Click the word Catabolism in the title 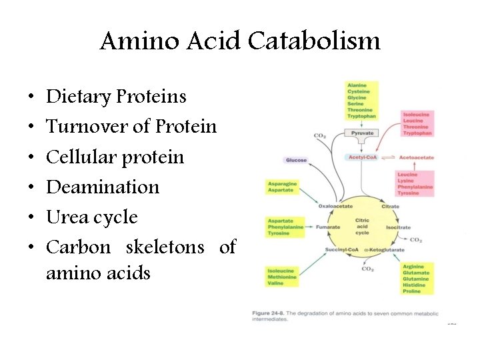[x=314, y=41]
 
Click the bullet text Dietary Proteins [x=116, y=97]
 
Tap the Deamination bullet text [x=103, y=187]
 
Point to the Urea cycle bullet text [x=92, y=217]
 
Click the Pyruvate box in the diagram [x=362, y=133]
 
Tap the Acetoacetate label [x=416, y=157]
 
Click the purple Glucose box [x=296, y=160]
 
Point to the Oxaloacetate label [x=334, y=206]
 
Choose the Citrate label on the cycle [x=390, y=206]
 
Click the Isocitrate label [x=398, y=227]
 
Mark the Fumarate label [x=328, y=227]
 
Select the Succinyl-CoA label [x=342, y=249]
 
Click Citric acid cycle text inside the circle [x=362, y=227]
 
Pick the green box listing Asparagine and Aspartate [x=282, y=187]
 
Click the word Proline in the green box [x=412, y=291]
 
